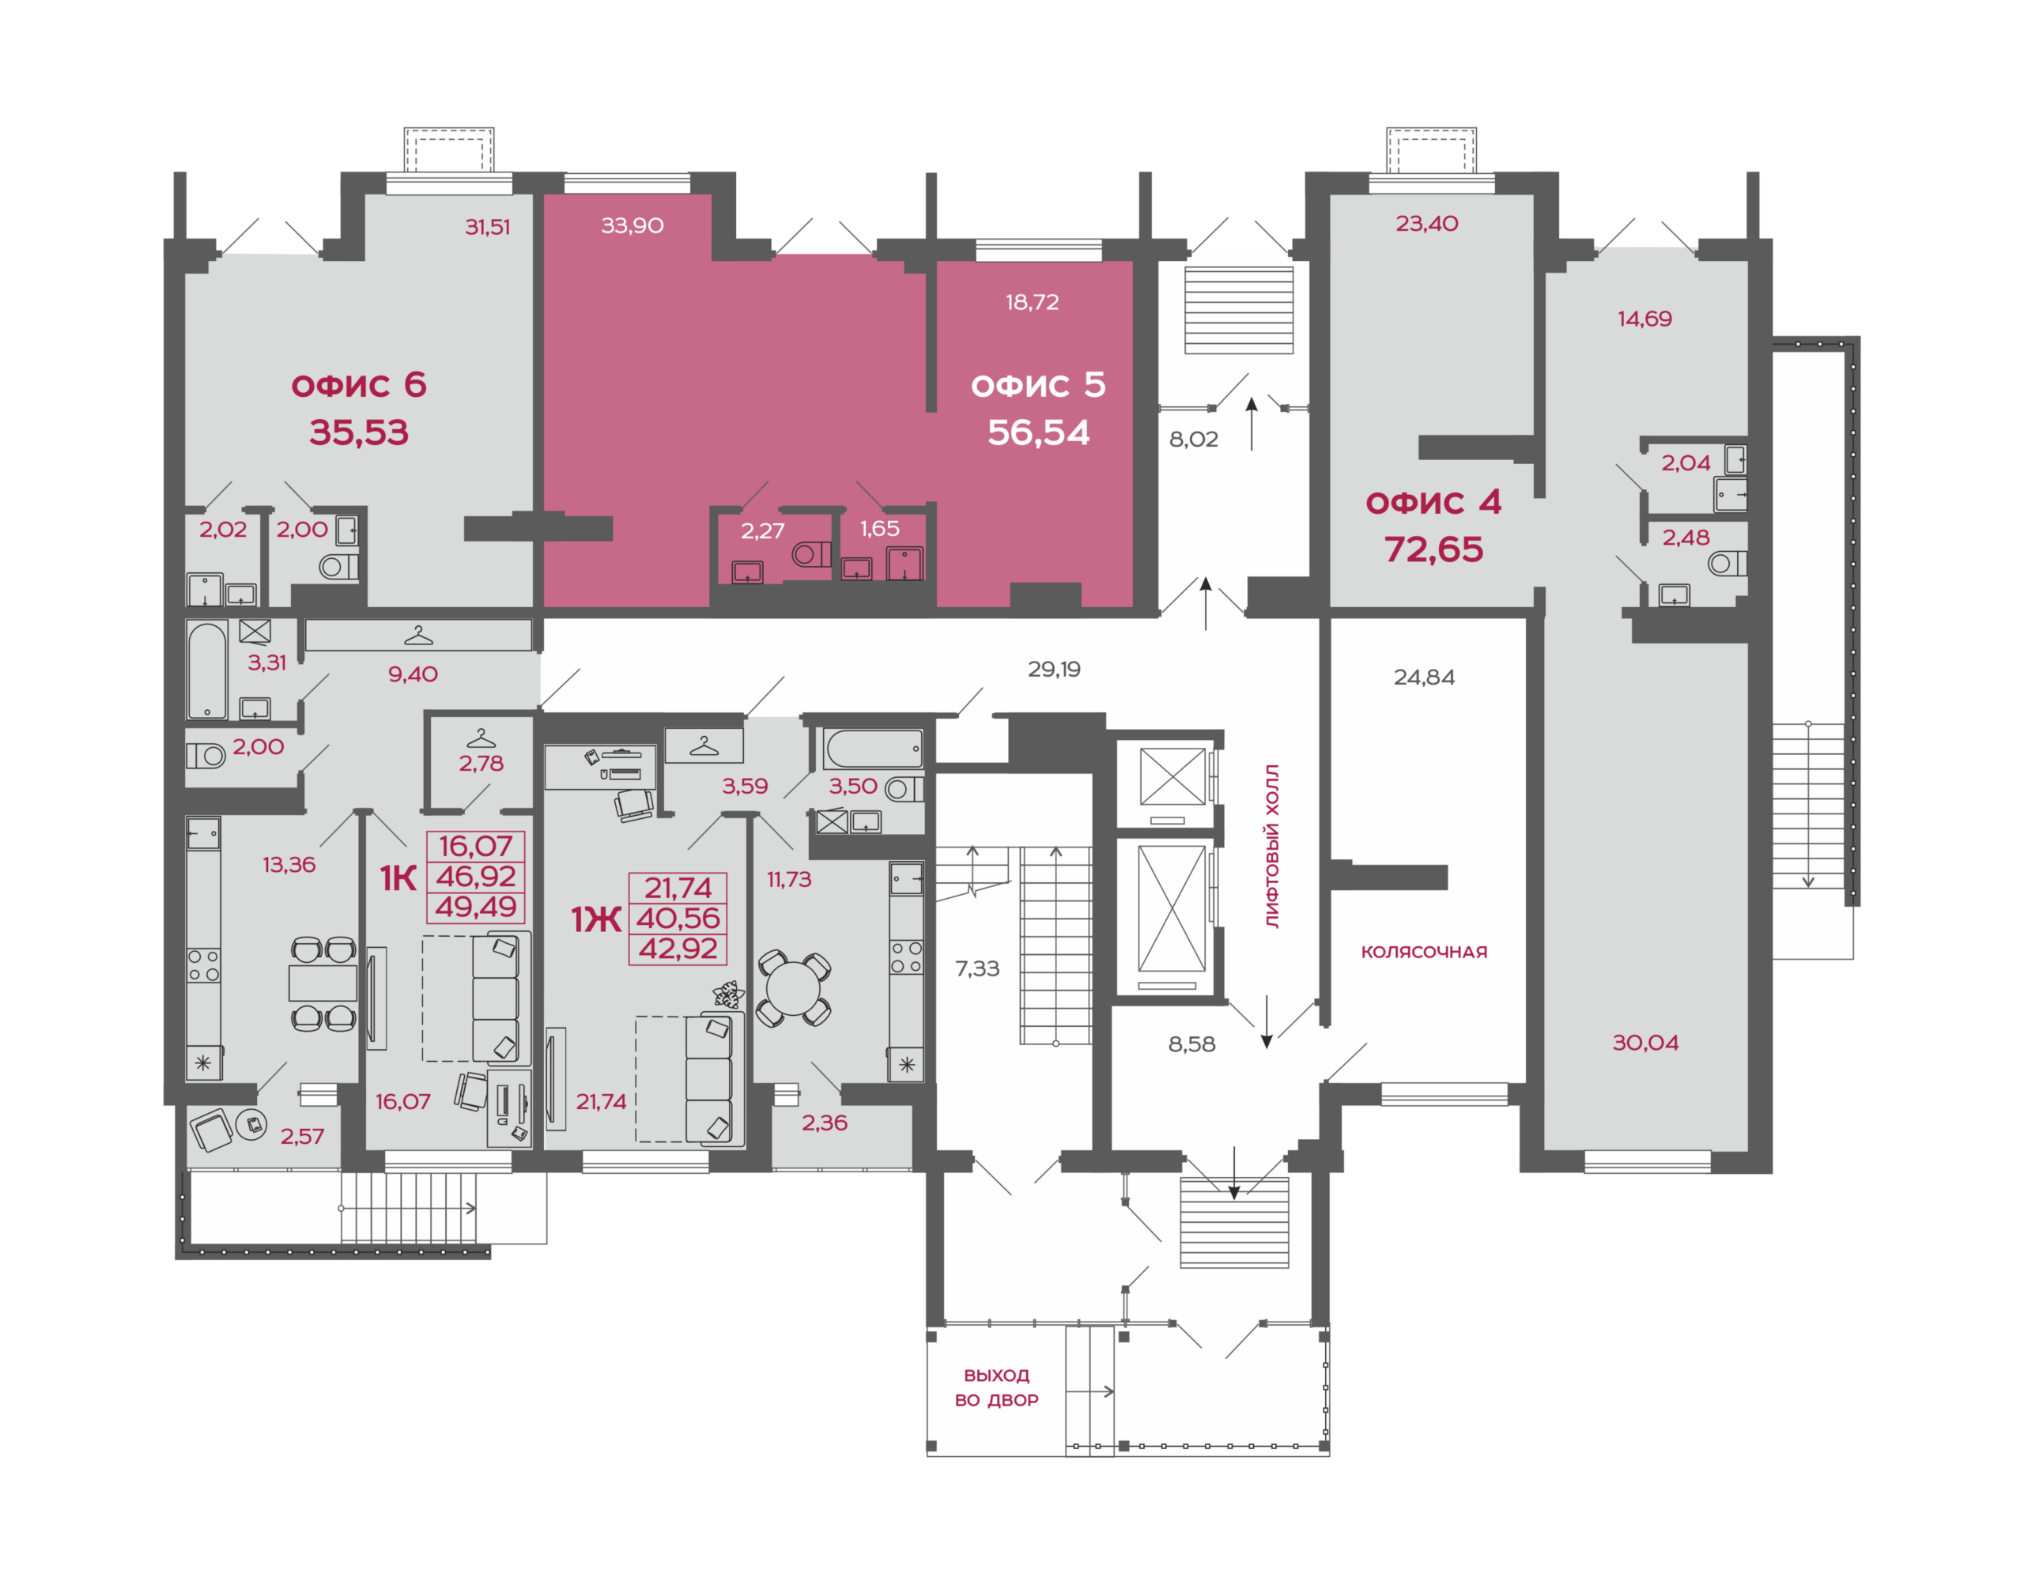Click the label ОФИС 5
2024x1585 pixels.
(1037, 385)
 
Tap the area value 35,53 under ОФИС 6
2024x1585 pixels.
(359, 432)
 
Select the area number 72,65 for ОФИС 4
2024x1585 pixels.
(1433, 549)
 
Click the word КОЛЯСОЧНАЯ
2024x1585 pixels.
(1424, 952)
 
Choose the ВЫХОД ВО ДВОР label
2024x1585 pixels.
(997, 1387)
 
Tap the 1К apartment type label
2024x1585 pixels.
(398, 877)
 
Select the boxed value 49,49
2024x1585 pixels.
(476, 907)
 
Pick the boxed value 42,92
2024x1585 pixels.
(678, 949)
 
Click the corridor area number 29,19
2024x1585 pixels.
(1054, 669)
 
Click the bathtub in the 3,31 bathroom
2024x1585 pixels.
(207, 670)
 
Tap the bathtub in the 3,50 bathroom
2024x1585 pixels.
(874, 749)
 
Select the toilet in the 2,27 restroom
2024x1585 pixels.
(811, 555)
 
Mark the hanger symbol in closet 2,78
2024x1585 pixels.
(481, 738)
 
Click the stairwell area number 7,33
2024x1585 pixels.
(977, 969)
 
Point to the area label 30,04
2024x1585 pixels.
(1645, 1043)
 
